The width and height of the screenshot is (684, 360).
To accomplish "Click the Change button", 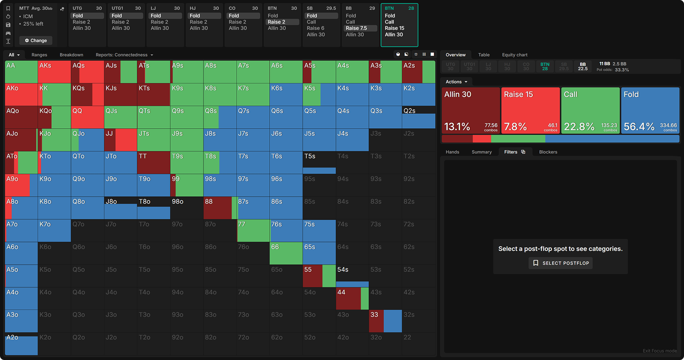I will point(36,41).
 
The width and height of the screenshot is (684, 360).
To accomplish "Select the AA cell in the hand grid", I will point(21,72).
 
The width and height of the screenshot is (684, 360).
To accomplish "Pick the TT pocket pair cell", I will point(153,162).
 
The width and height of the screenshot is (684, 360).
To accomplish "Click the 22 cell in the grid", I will point(419,344).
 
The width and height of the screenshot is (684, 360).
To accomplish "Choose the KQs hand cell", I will point(87,94).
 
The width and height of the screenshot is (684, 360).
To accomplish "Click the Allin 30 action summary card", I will point(471,110).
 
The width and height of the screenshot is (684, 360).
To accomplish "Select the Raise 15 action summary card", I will point(531,110).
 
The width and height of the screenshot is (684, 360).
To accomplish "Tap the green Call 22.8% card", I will point(590,110).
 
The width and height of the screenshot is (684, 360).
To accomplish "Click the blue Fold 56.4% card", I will point(650,110).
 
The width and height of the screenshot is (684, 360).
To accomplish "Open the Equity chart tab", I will point(515,55).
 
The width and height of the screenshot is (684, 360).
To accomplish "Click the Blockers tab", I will point(548,152).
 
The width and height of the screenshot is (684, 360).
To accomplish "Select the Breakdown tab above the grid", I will point(71,55).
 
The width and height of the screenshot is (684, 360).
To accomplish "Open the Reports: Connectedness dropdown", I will point(124,55).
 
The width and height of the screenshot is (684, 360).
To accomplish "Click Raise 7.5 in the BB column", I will point(357,28).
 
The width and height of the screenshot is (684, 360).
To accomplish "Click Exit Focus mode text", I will point(660,351).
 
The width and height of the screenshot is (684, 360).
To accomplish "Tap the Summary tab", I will point(482,152).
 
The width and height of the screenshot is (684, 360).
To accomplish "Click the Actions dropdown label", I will point(456,82).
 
